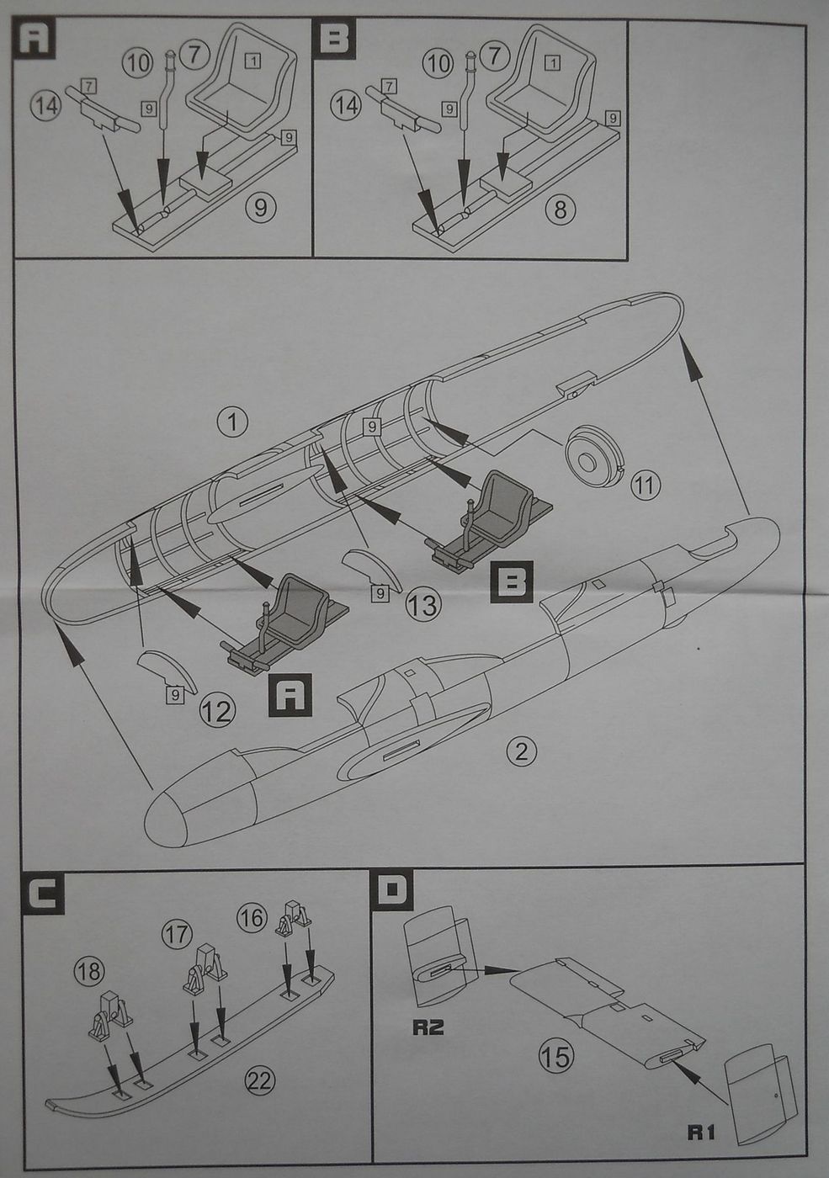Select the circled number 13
click(422, 604)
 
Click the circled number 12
click(216, 712)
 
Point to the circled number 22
click(260, 1080)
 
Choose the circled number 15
click(556, 1056)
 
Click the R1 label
click(701, 1132)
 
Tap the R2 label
click(428, 1027)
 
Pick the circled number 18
click(88, 972)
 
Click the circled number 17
click(178, 933)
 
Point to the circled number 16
click(252, 917)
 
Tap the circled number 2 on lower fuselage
click(522, 751)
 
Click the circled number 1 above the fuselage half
click(232, 422)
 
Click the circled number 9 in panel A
click(260, 206)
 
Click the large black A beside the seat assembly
click(290, 694)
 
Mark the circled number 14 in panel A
click(45, 105)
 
